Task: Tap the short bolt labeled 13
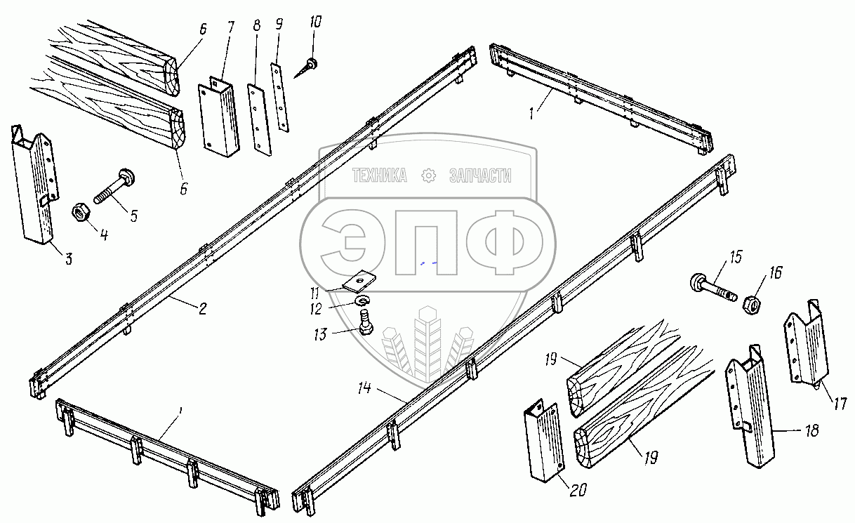coord(365,324)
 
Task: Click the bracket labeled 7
coord(219,115)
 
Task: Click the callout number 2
coord(202,308)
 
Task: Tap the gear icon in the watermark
coord(428,176)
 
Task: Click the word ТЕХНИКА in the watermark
coord(380,176)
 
